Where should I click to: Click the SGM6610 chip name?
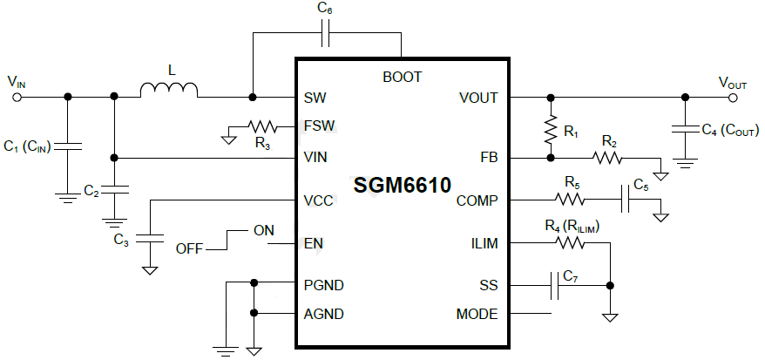[402, 186]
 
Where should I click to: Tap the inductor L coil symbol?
[169, 90]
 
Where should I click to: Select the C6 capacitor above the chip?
[325, 35]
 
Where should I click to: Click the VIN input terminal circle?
[16, 97]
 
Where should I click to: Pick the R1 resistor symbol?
[550, 132]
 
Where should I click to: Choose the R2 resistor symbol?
[607, 158]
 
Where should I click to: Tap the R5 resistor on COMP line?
[570, 200]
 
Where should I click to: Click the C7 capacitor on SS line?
[553, 285]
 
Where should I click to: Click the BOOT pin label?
[402, 77]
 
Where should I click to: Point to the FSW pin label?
[318, 126]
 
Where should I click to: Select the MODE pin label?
[477, 314]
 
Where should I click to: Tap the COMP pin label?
[477, 201]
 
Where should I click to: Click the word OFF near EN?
[189, 249]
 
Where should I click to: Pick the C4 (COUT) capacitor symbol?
[685, 130]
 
